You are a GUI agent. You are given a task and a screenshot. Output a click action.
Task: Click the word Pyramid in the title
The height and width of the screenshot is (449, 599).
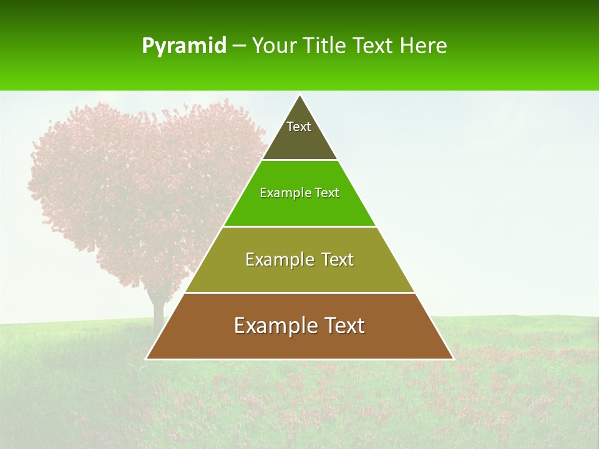[184, 46]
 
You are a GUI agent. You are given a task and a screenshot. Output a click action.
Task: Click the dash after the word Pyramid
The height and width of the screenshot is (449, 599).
[239, 46]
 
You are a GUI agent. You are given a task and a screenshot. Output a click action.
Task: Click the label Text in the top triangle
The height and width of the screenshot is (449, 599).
[299, 127]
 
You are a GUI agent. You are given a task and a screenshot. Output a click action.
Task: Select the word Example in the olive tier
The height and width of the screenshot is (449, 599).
[278, 259]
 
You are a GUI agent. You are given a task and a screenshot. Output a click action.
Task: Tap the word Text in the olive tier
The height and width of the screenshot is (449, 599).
[337, 259]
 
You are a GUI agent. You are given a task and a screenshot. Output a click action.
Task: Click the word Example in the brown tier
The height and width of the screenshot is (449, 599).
[272, 326]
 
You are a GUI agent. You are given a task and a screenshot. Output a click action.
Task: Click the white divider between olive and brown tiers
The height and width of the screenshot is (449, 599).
[299, 292]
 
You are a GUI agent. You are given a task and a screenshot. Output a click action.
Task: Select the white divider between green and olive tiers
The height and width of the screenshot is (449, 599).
[299, 226]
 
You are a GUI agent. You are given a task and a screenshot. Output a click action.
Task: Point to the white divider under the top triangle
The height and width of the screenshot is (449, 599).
[299, 160]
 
